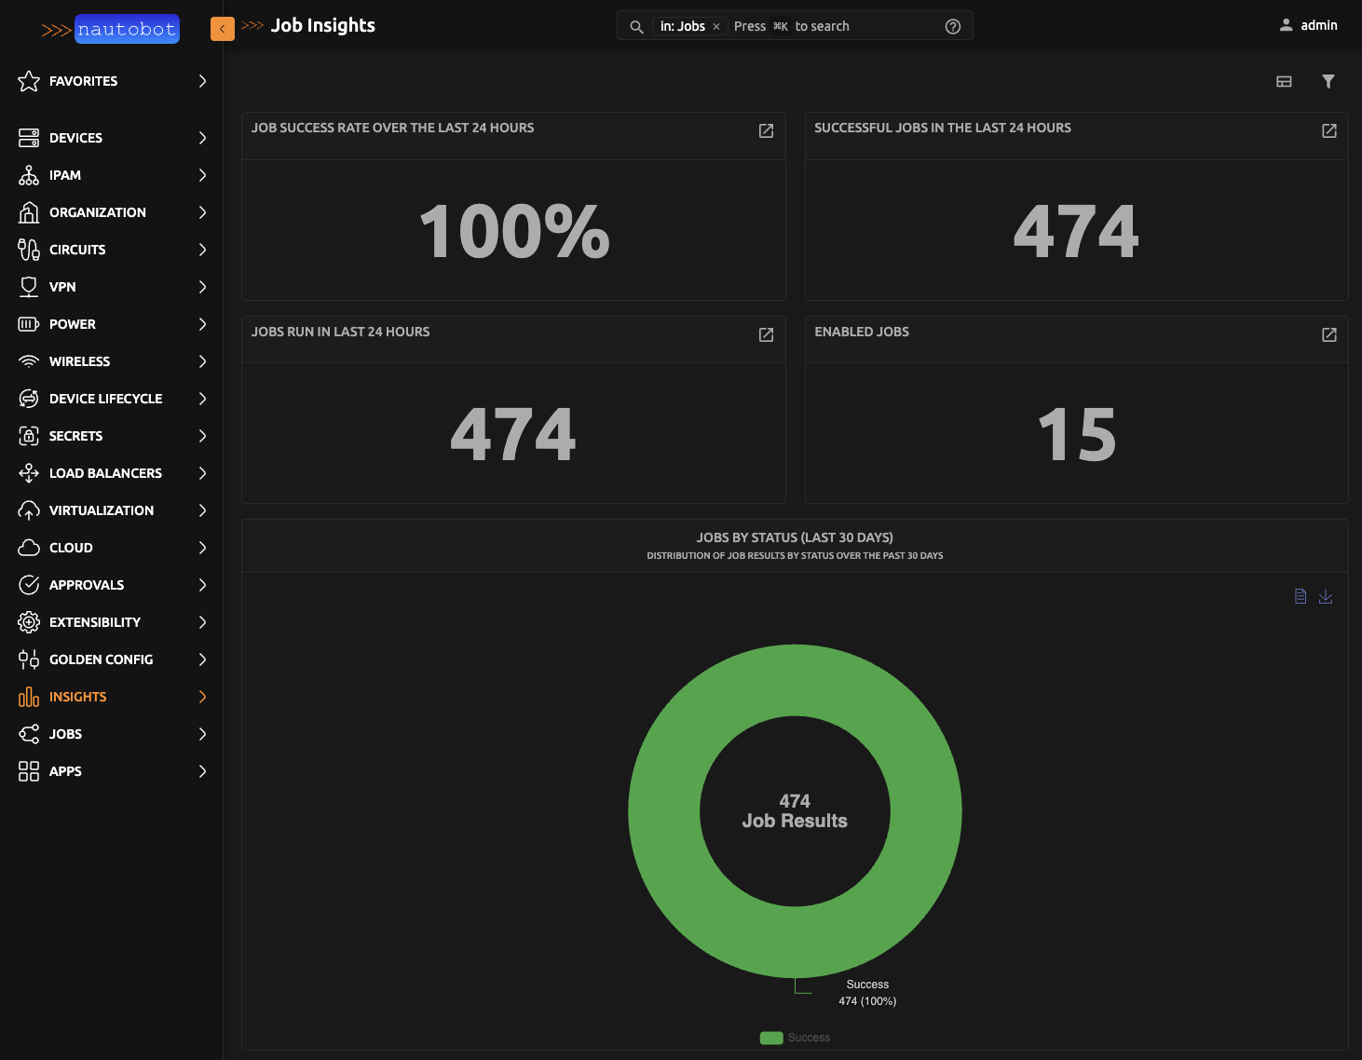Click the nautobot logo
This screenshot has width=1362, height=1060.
coord(111,30)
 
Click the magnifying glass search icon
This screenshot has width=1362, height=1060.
coord(636,27)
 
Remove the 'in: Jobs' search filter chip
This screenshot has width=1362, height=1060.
coord(716,27)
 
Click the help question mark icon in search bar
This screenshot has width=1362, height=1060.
coord(952,27)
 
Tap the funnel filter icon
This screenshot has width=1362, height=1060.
coord(1328,81)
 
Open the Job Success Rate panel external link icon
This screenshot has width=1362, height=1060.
coord(766,131)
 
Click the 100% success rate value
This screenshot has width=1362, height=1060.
coord(513,232)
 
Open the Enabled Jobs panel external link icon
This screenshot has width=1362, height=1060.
coord(1328,334)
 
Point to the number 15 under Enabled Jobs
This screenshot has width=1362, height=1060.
coord(1076,435)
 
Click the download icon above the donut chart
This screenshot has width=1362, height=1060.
coord(1325,596)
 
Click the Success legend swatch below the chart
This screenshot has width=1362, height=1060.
coord(771,1038)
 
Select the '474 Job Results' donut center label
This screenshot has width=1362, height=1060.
coord(795,811)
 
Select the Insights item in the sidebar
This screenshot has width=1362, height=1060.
coord(78,697)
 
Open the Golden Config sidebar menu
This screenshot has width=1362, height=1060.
coord(101,659)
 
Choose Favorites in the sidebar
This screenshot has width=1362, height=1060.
coord(83,81)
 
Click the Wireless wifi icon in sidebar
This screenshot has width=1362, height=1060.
coord(29,361)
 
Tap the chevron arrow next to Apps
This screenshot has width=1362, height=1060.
coord(202,771)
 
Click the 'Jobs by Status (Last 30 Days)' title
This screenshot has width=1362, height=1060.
coord(795,537)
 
